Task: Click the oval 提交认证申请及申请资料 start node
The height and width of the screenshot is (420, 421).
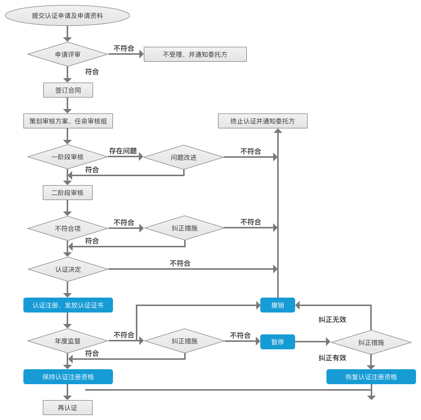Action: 67,15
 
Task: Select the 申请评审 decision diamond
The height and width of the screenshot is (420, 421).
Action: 68,54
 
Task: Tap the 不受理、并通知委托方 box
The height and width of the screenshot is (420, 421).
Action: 195,54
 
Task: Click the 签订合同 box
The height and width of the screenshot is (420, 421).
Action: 68,90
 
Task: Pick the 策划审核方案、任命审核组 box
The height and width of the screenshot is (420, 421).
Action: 68,121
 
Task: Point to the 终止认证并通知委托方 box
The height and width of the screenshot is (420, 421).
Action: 262,121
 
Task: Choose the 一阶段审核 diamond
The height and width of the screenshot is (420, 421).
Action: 68,157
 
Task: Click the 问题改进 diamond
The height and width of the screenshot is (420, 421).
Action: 184,157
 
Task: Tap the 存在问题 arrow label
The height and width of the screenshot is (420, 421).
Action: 123,151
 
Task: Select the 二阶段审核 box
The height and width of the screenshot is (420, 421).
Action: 68,193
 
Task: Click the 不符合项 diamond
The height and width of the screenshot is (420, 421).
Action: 68,228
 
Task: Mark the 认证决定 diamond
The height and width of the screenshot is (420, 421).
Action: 68,269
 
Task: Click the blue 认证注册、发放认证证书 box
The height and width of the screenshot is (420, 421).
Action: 68,305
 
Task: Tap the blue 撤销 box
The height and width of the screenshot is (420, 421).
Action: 278,305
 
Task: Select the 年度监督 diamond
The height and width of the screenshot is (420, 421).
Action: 68,341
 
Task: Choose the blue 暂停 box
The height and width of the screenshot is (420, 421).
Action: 278,342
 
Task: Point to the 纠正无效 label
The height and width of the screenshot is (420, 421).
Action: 332,319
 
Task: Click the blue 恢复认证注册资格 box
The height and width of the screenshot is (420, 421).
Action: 371,377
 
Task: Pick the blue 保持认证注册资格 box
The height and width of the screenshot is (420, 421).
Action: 68,377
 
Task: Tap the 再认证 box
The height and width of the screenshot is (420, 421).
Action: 68,408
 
